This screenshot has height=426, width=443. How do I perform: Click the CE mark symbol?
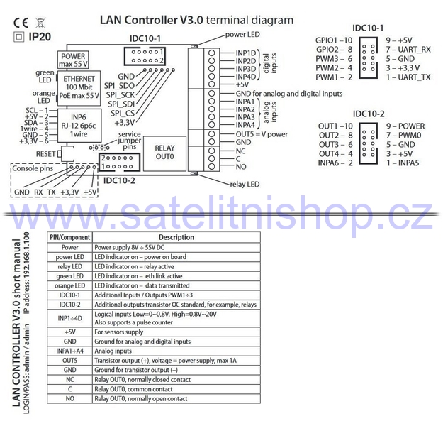[x=21, y=23]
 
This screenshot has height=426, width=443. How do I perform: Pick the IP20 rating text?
[x=40, y=37]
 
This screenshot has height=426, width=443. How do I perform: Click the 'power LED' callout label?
[x=242, y=35]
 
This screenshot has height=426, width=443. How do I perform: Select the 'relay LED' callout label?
[x=245, y=185]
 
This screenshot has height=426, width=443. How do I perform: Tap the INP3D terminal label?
[x=246, y=69]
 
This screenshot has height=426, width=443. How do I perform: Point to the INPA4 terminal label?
[x=245, y=125]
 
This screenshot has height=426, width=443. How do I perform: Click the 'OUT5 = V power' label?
[x=262, y=134]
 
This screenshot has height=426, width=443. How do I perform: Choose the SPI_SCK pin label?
[x=120, y=95]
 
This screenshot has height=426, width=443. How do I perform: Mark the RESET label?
[x=45, y=154]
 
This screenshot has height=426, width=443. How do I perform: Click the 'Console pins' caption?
[x=33, y=169]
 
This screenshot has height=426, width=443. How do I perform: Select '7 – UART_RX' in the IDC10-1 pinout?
[x=408, y=50]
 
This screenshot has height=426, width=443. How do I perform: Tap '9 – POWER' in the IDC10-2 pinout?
[x=405, y=126]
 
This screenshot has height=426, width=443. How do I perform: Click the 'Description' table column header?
[x=176, y=237]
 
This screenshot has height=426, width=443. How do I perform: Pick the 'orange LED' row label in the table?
[x=69, y=285]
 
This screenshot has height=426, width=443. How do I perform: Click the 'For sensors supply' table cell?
[x=119, y=332]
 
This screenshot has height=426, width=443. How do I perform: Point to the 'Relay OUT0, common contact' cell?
[x=133, y=389]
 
